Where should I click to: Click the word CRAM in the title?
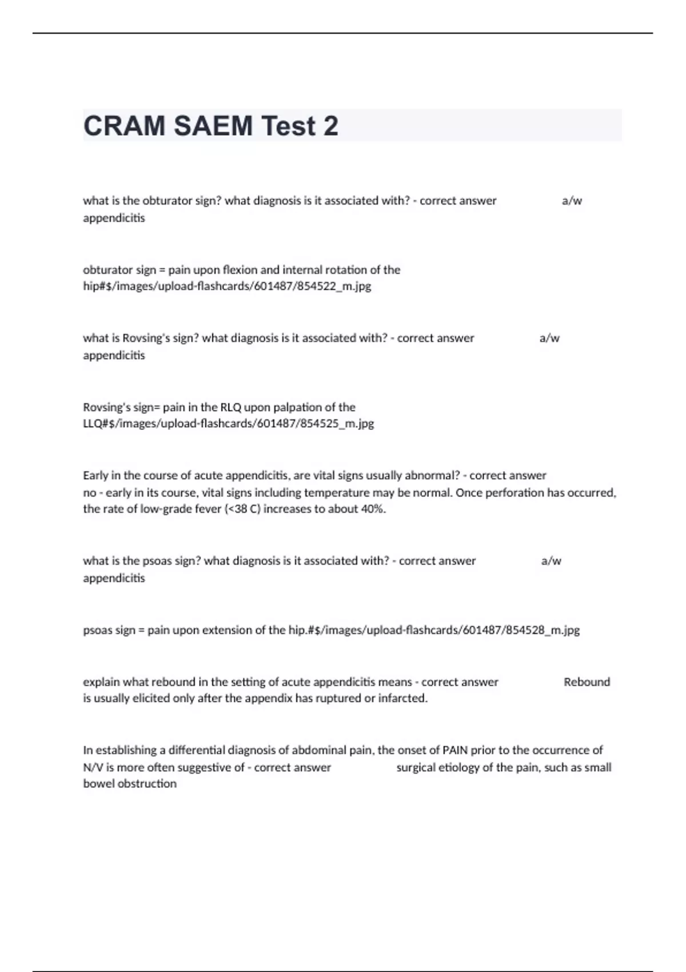point(124,126)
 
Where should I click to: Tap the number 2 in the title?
point(330,126)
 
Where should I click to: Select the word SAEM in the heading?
point(213,126)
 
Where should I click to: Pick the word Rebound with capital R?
point(587,682)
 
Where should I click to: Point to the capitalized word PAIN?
point(455,750)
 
